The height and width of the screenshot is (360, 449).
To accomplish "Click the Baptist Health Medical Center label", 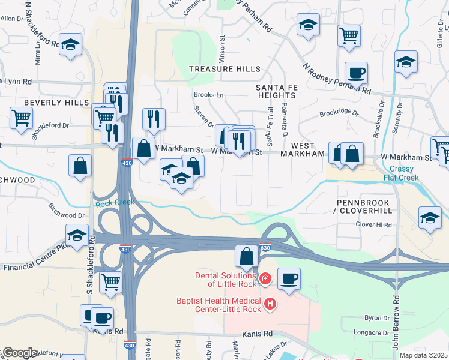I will pyautogui.click(x=219, y=305).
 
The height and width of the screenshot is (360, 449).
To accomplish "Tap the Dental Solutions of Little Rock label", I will pyautogui.click(x=224, y=280).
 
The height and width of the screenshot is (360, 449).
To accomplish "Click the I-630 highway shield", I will pyautogui.click(x=265, y=247).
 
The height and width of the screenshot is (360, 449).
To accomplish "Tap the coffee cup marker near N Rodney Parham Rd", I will pyautogui.click(x=356, y=73).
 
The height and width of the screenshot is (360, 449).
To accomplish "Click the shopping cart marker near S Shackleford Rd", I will pyautogui.click(x=110, y=281).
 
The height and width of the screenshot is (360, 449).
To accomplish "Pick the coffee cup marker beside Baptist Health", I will pyautogui.click(x=289, y=279).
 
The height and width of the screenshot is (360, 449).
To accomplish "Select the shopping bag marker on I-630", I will pyautogui.click(x=246, y=257).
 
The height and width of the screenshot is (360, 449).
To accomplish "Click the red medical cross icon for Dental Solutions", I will pyautogui.click(x=265, y=278).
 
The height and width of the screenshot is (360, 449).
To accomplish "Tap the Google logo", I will pyautogui.click(x=20, y=353).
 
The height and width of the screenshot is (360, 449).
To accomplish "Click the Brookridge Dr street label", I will pyautogui.click(x=339, y=113).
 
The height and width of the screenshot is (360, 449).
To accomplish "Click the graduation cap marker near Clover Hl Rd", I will pyautogui.click(x=430, y=219).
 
